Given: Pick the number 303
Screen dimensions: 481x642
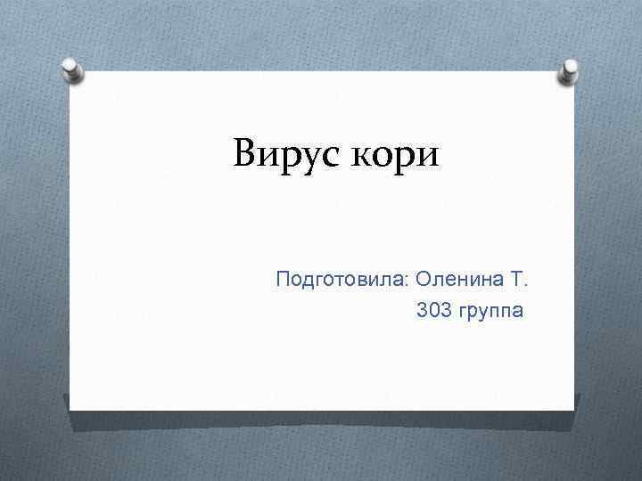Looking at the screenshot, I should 433,312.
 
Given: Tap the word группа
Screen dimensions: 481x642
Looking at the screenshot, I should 492,314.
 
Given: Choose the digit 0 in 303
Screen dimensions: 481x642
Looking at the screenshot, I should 433,312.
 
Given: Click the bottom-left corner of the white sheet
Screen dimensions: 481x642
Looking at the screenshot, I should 70,410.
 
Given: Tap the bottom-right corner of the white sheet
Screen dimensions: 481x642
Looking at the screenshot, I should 572,410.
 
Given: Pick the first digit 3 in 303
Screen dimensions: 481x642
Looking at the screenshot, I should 422,312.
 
